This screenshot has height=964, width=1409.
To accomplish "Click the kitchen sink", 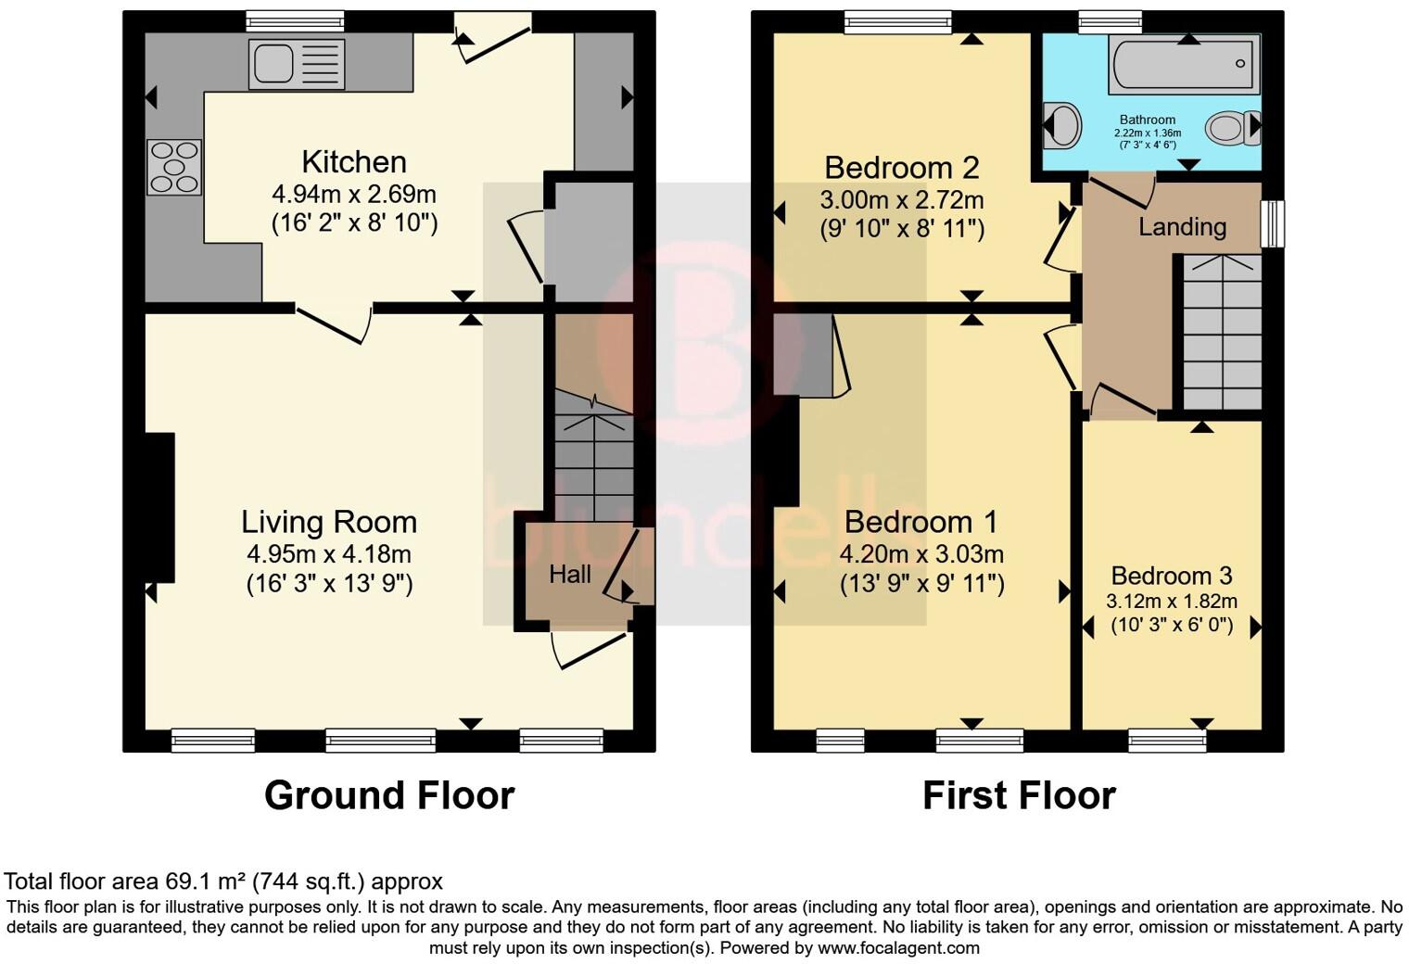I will tap(296, 64).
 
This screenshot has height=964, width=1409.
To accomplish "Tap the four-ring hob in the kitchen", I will tap(174, 167).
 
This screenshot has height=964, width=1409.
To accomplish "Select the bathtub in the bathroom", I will tap(1184, 64).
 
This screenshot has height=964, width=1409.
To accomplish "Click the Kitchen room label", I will tap(354, 162).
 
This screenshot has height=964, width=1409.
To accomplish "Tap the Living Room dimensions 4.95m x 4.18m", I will tap(329, 554).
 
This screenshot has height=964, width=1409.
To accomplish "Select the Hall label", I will tap(570, 575).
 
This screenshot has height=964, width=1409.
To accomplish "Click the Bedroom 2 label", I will tap(901, 168).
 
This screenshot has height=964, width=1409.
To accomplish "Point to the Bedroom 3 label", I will tap(1172, 576).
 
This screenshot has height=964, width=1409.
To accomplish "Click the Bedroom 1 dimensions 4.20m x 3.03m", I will tap(921, 554).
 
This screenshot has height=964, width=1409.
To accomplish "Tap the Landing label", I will tap(1182, 227).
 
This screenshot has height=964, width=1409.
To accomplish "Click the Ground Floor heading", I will tap(389, 795).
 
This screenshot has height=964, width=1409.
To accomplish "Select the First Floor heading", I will tap(1019, 795).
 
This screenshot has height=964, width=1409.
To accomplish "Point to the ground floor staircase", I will tap(593, 454).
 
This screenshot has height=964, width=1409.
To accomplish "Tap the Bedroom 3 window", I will tap(1167, 740).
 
